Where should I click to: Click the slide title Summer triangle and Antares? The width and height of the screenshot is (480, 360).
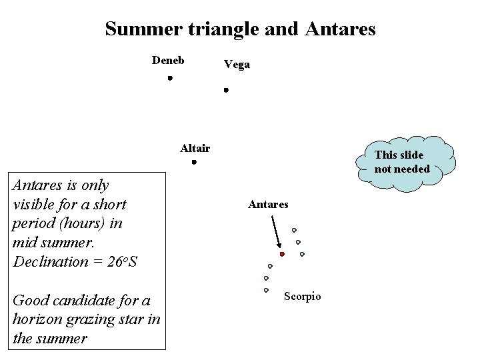click(x=240, y=29)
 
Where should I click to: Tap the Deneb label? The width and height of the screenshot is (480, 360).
click(x=168, y=61)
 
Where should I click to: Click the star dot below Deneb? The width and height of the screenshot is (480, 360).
click(x=170, y=79)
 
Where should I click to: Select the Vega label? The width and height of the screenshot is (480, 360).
click(x=237, y=65)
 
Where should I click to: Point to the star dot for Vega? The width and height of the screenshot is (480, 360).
click(x=226, y=89)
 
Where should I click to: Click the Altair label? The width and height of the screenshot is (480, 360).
click(x=195, y=148)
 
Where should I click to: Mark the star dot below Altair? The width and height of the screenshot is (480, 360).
click(x=193, y=163)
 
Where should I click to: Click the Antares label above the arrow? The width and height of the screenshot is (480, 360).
click(x=268, y=205)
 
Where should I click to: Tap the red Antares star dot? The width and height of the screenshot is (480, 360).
click(x=282, y=254)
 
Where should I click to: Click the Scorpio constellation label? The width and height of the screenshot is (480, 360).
click(x=303, y=296)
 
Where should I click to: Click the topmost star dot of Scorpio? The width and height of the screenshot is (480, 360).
click(x=294, y=230)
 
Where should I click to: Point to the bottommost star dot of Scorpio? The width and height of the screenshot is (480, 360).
click(x=266, y=290)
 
